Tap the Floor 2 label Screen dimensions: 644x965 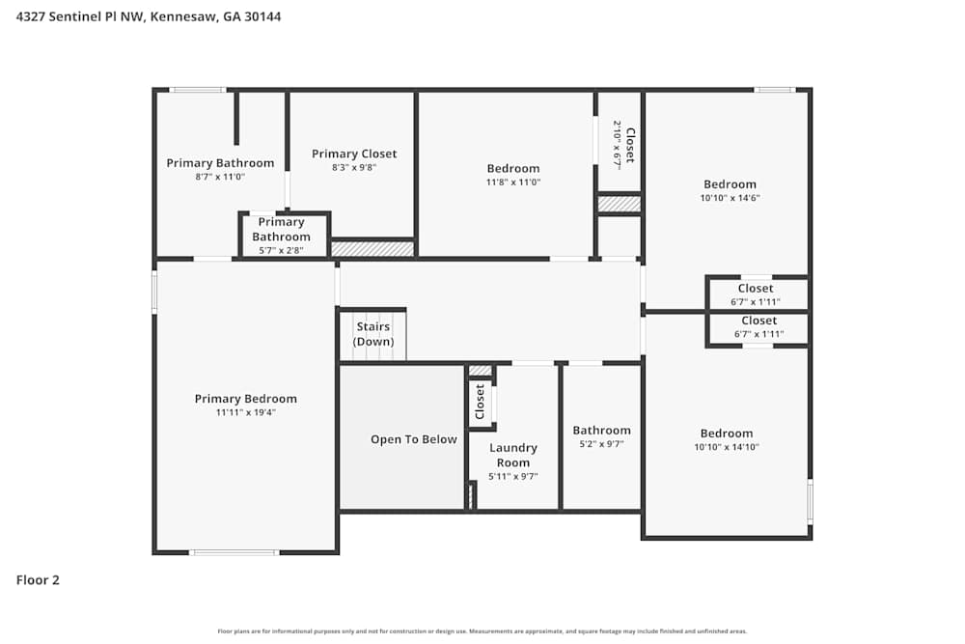pos(38,580)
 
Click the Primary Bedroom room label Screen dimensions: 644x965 pos(245,399)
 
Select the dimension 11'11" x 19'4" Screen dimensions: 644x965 pos(246,412)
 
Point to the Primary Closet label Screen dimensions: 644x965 pos(354,154)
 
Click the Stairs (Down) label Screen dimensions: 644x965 pos(372,334)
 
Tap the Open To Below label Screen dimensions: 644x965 pos(413,439)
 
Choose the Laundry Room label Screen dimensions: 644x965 pos(512,455)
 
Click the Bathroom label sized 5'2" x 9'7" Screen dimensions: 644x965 pos(601,431)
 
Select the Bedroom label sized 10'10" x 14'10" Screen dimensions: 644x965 pos(726,434)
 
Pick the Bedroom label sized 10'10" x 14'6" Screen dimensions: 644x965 pos(730,184)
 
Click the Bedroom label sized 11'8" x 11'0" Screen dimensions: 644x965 pos(512,169)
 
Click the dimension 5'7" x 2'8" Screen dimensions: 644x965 pos(282,250)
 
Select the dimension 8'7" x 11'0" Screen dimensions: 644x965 pos(220,177)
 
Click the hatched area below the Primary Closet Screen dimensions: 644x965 pos(372,249)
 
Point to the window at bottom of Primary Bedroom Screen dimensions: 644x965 pos(234,552)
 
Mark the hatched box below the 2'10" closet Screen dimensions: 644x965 pos(619,204)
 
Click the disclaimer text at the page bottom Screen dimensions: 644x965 pos(482,631)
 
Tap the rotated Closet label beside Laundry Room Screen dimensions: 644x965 pos(480,402)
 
